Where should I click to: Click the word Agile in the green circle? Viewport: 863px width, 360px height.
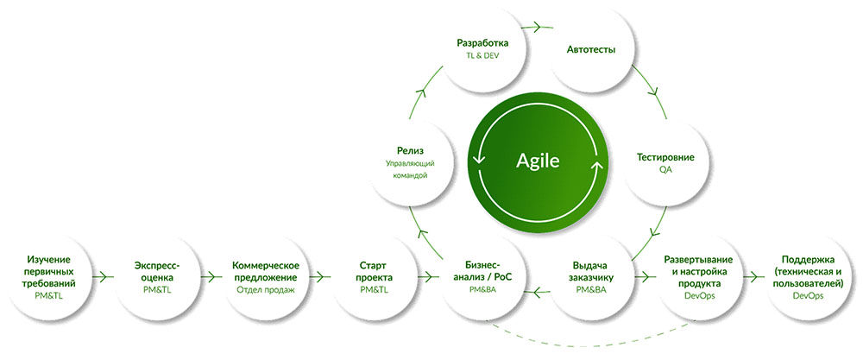[x=538, y=161]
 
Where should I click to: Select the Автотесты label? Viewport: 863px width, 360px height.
[x=590, y=50]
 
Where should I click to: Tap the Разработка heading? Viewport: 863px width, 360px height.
[x=482, y=42]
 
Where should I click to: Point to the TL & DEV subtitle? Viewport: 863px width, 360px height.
[x=482, y=55]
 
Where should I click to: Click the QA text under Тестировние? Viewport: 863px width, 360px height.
[x=665, y=170]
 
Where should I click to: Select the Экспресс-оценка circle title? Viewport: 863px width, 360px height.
[x=157, y=271]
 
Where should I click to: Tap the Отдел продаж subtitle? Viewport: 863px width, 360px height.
[x=265, y=290]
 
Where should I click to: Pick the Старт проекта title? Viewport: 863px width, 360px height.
[x=375, y=271]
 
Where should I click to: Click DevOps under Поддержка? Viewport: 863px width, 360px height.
[x=809, y=296]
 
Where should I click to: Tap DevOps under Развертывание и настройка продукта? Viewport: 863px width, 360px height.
[x=698, y=296]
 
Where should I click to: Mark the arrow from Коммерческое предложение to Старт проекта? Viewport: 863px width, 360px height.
[x=320, y=277]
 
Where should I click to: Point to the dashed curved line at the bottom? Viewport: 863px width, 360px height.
[x=589, y=340]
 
